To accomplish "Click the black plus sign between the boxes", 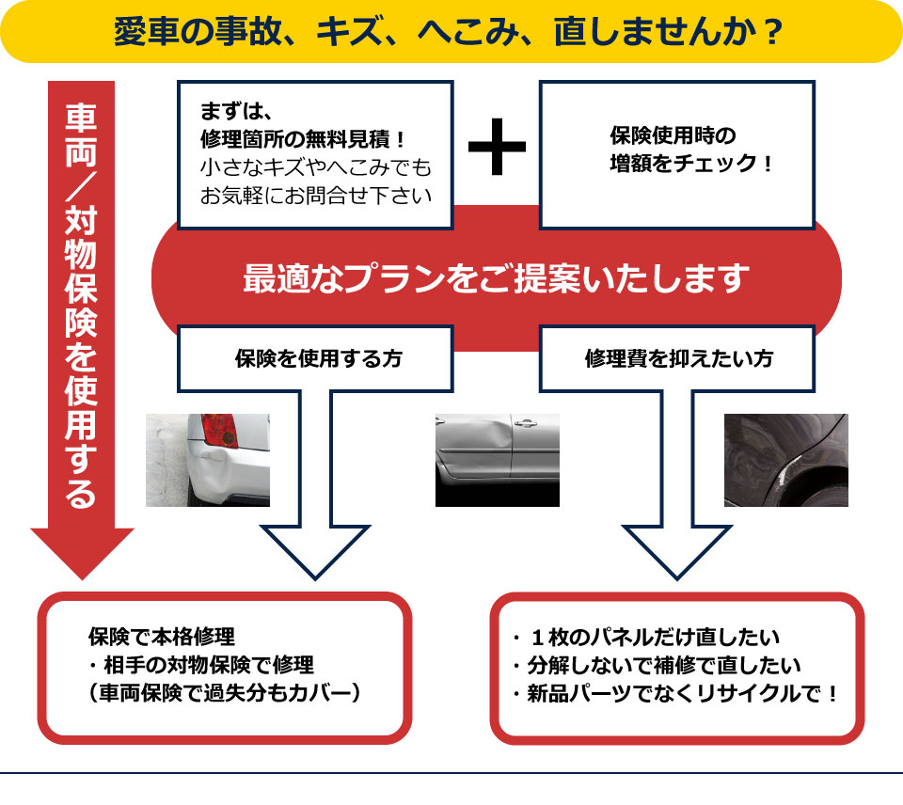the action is click(497, 147).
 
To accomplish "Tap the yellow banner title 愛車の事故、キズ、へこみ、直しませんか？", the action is click(448, 32).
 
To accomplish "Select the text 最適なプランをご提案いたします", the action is click(496, 278).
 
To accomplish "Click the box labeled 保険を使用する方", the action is click(315, 358).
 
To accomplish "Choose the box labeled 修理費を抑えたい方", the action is click(677, 358).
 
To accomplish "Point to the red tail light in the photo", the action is click(219, 430).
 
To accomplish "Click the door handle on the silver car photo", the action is click(525, 424).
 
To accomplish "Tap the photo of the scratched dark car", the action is click(786, 460).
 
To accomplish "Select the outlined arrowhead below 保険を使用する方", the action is click(315, 550).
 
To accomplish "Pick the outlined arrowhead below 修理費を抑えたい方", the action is click(677, 550).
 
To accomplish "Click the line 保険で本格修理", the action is click(161, 637).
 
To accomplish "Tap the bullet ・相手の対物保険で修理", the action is click(201, 665).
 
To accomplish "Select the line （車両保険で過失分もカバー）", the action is click(224, 693).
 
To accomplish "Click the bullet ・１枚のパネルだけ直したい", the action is click(645, 638).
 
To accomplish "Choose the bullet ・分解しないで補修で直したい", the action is click(656, 666).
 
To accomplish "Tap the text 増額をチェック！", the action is click(691, 164).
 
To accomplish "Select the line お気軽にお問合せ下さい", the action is click(316, 196).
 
